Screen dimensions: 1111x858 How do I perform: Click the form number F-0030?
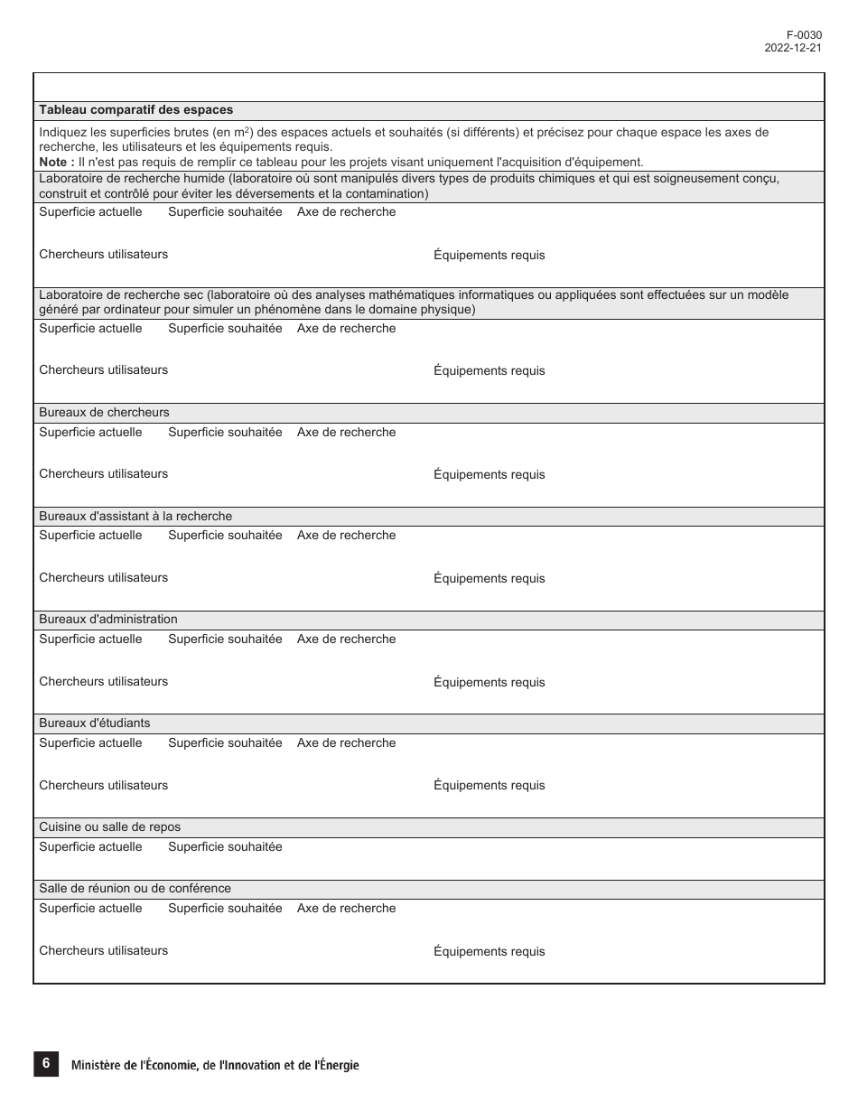click(804, 35)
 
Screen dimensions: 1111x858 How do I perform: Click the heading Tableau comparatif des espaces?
click(135, 110)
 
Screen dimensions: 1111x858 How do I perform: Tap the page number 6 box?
click(45, 1064)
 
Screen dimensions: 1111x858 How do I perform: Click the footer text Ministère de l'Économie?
click(214, 1065)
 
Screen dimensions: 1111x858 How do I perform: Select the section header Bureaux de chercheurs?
click(104, 413)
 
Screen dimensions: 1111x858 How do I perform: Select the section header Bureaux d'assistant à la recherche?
click(135, 517)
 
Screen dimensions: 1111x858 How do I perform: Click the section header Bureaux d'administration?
click(108, 620)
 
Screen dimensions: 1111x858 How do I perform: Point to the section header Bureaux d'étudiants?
click(95, 724)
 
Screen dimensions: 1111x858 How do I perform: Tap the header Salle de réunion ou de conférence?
click(135, 889)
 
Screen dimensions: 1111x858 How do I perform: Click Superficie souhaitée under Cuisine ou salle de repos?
click(225, 847)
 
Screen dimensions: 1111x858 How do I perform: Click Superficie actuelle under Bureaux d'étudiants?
click(90, 743)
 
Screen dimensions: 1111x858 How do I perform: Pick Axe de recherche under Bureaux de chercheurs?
click(346, 433)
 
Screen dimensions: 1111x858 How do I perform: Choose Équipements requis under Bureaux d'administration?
click(489, 683)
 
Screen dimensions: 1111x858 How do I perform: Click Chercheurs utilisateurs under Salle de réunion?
click(103, 951)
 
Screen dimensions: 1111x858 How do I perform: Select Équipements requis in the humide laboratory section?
click(489, 256)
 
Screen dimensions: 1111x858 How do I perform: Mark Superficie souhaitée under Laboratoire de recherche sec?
click(225, 329)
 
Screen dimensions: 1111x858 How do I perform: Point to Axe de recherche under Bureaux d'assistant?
click(346, 536)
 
